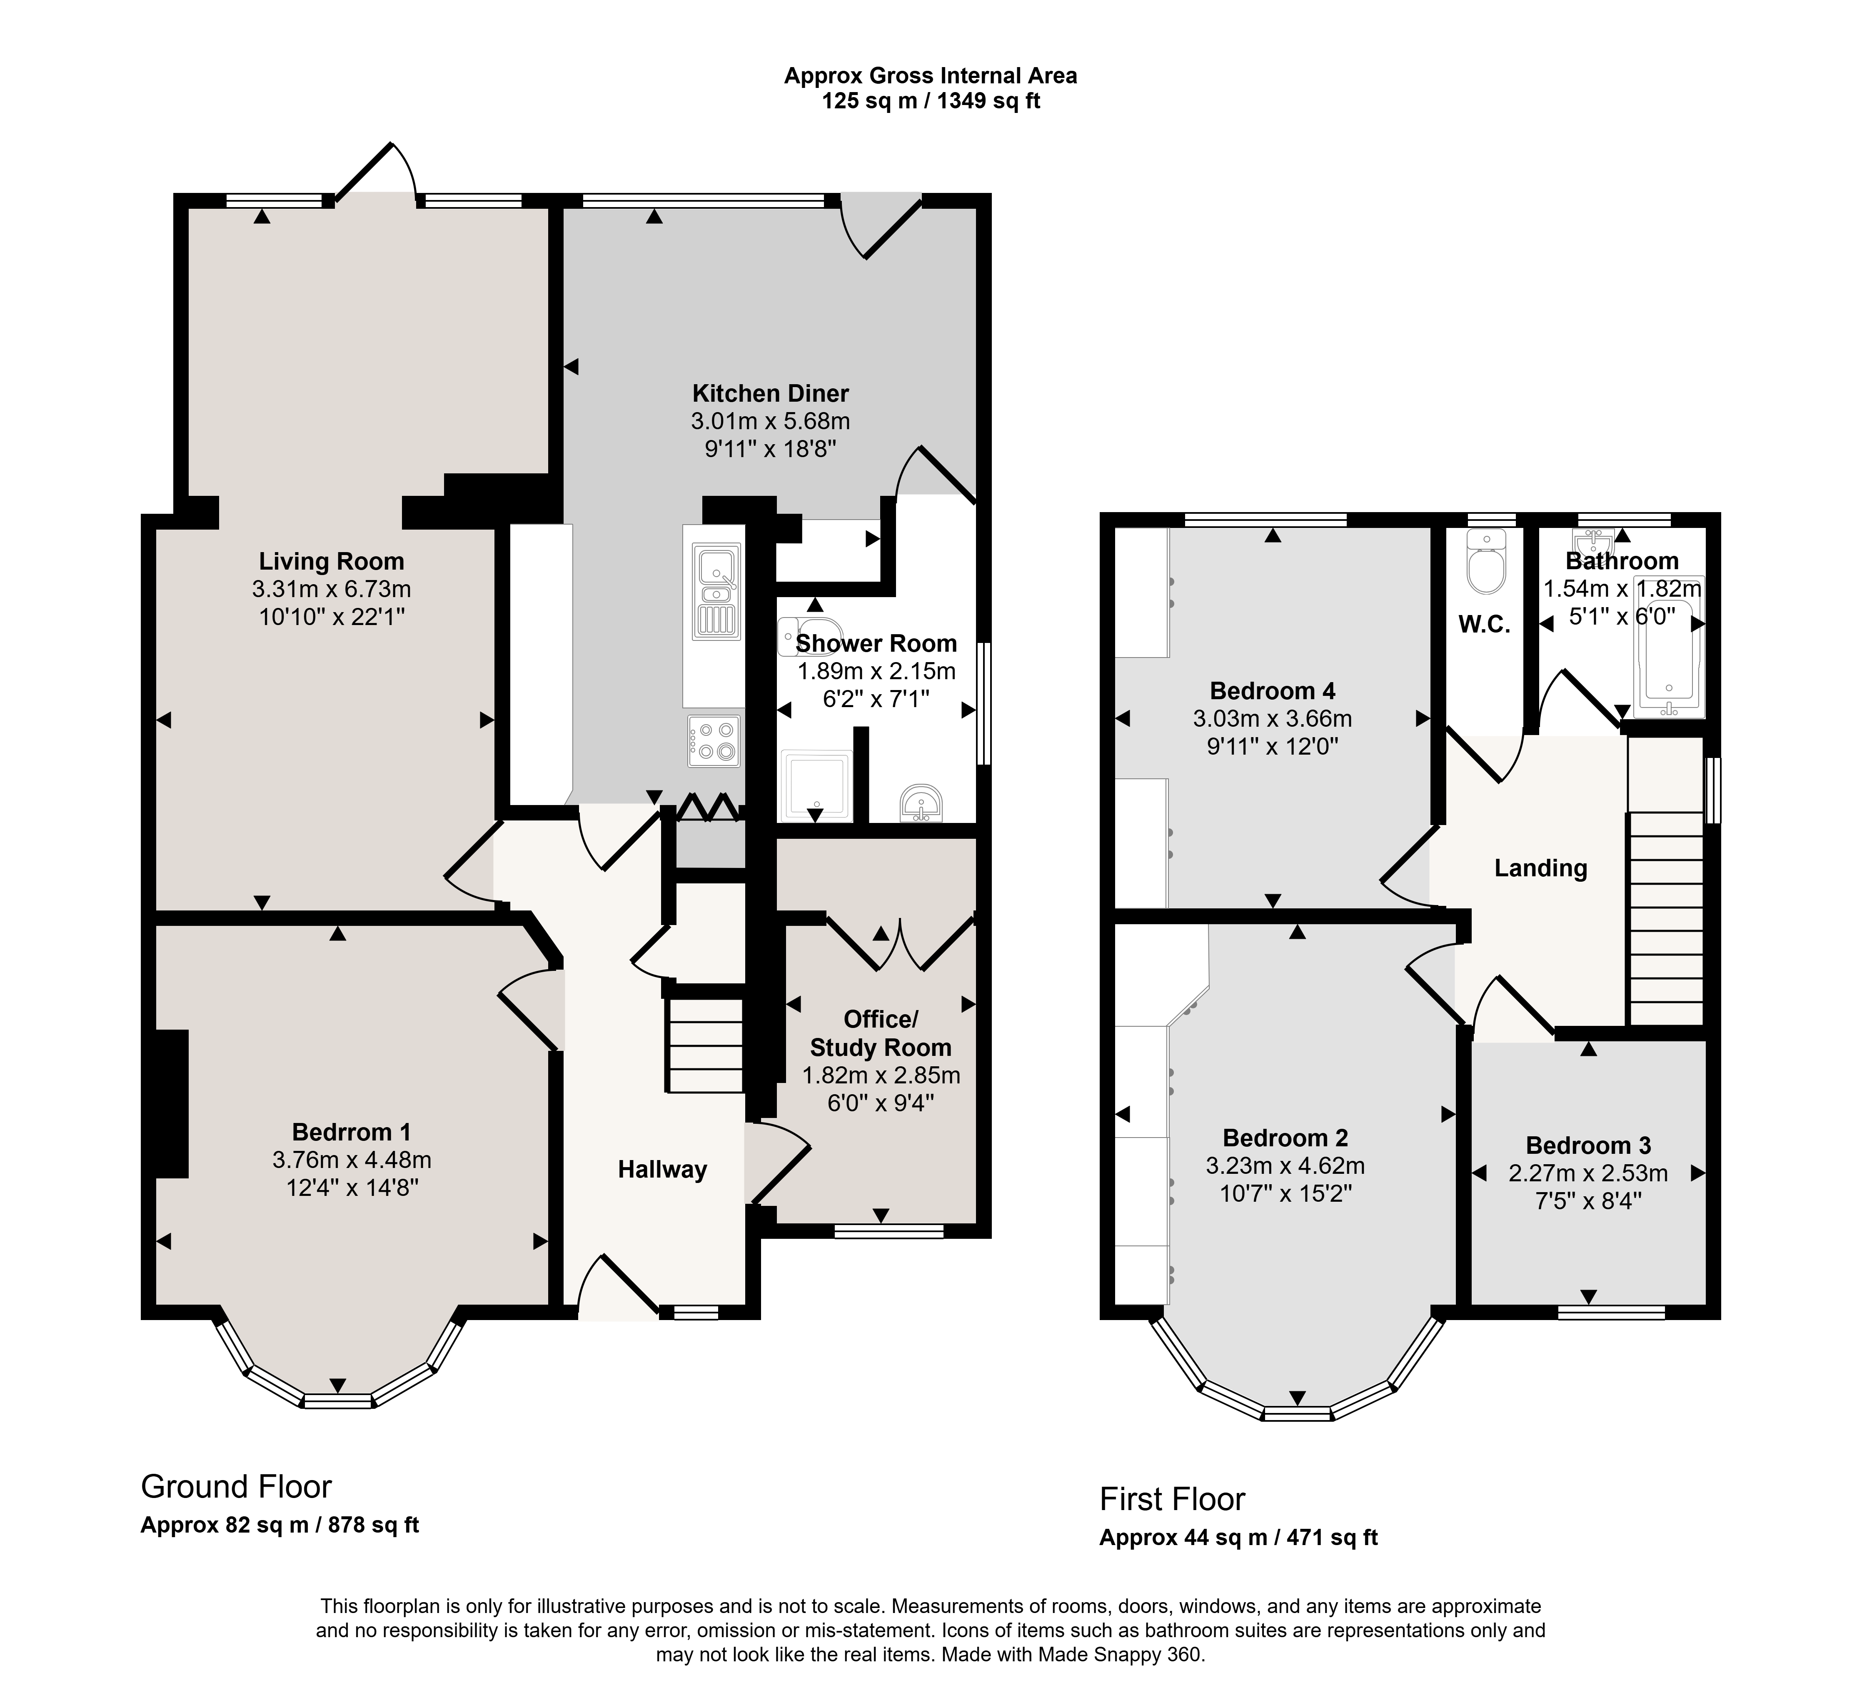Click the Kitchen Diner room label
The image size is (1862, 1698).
(770, 393)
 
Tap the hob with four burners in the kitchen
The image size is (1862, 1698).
(714, 742)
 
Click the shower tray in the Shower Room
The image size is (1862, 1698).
(816, 786)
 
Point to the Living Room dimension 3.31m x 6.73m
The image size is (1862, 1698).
(332, 588)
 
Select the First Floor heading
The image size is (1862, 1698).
(1172, 1498)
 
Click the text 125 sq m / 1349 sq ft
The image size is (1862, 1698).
(931, 101)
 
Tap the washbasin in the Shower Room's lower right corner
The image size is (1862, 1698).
(921, 803)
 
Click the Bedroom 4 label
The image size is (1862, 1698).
(1273, 691)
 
